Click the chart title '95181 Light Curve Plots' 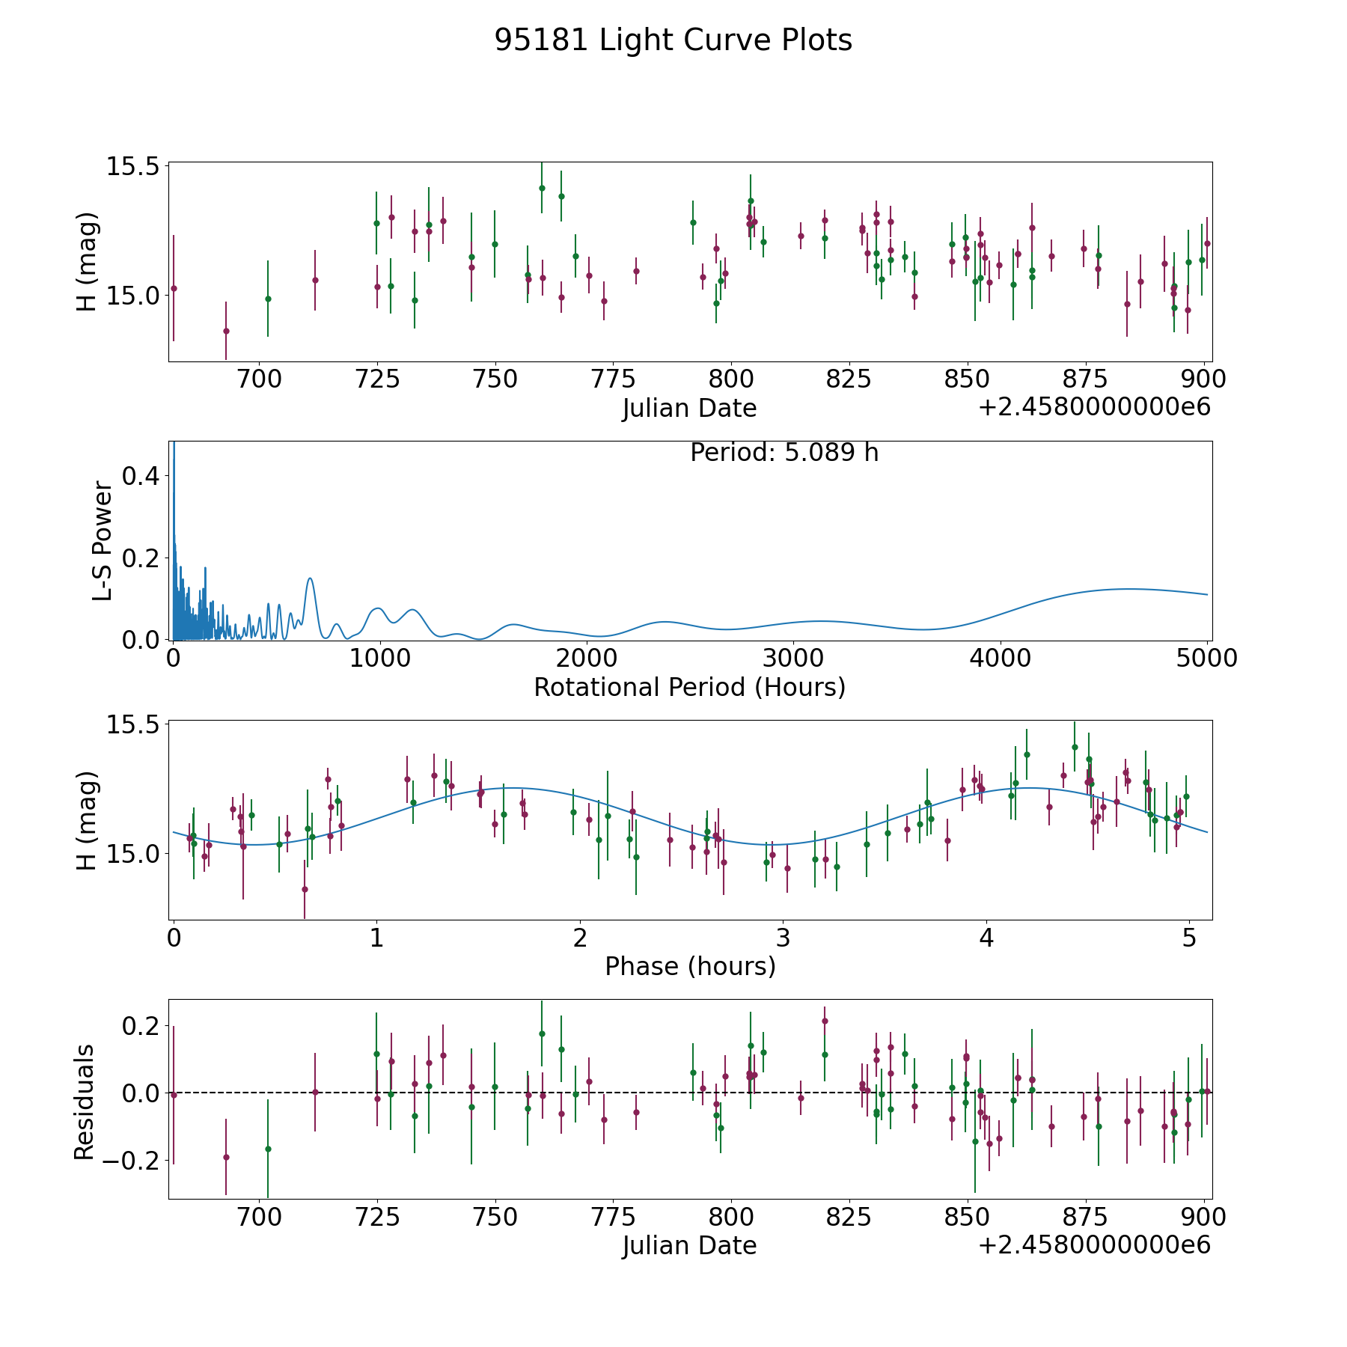673,40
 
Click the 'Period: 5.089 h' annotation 784,453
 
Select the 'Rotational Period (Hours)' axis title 689,687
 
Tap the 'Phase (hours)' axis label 689,966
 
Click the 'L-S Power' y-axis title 103,541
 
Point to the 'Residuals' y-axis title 84,1102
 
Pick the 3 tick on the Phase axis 783,938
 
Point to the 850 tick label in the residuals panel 967,1218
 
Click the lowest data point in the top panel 226,331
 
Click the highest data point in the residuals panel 825,1021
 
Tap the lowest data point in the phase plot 305,889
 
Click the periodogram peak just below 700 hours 310,578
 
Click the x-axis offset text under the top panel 1094,408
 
